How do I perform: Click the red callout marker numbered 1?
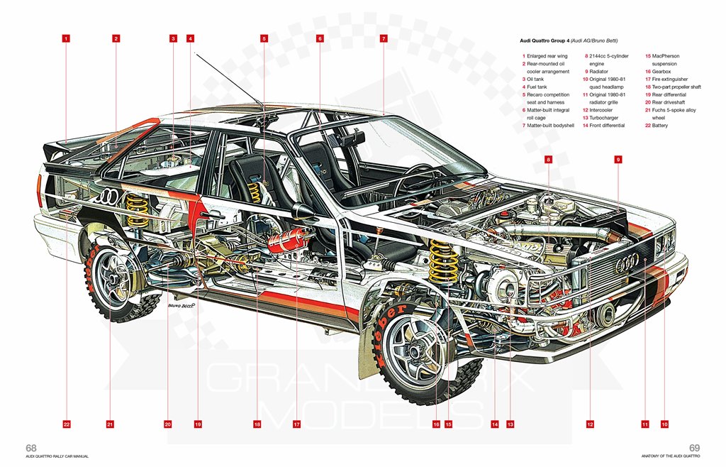66,38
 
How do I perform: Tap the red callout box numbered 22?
67,424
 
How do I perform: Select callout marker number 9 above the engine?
618,160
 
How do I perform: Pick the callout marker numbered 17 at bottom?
296,424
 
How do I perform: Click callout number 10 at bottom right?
664,424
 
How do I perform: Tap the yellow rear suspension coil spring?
138,209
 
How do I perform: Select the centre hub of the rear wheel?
113,278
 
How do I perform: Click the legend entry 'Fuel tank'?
537,87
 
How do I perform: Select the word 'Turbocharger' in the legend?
604,118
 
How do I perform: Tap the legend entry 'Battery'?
660,126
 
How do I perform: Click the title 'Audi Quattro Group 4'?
544,40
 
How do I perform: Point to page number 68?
31,448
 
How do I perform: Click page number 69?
695,448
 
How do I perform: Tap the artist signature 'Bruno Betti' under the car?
180,306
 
